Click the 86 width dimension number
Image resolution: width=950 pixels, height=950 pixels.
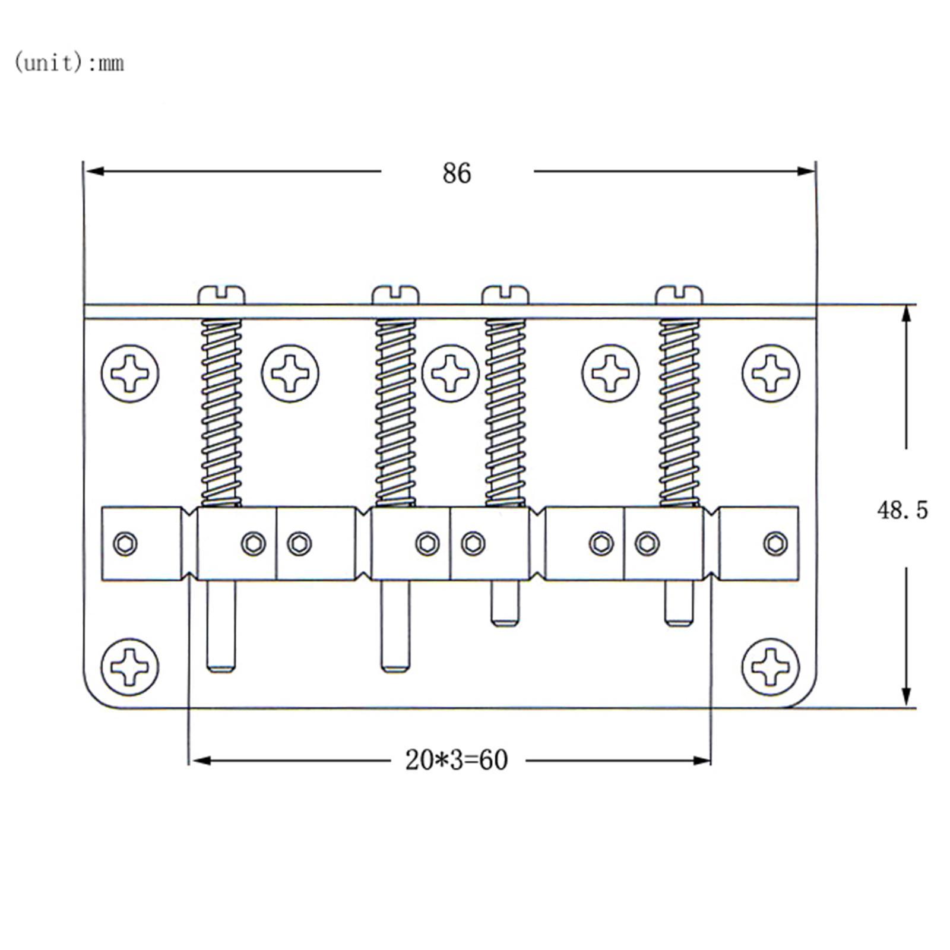coord(456,173)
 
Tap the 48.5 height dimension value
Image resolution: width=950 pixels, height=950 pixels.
coord(902,510)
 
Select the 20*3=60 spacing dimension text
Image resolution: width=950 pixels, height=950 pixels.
coord(456,760)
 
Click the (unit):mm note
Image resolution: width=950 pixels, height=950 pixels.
coord(69,63)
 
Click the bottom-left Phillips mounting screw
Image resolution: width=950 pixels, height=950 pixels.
coord(130,667)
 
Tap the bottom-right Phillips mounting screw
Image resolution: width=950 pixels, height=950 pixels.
coord(771,667)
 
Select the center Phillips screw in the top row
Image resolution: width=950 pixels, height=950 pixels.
coord(450,373)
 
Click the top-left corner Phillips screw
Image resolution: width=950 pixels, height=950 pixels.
coord(130,373)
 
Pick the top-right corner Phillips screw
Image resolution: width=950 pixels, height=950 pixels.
coord(771,373)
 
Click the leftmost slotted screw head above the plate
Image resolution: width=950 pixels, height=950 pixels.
coord(221,294)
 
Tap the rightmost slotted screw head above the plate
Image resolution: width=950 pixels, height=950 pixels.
coord(679,294)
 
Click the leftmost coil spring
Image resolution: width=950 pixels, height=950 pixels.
coord(221,413)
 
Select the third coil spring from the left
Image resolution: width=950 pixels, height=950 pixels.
coord(505,413)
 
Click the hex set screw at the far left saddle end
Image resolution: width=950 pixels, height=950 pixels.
coord(125,543)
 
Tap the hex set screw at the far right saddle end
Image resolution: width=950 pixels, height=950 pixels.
coord(775,543)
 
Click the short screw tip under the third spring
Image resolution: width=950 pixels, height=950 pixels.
coord(505,604)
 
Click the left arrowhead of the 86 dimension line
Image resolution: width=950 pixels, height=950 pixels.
coord(94,172)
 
